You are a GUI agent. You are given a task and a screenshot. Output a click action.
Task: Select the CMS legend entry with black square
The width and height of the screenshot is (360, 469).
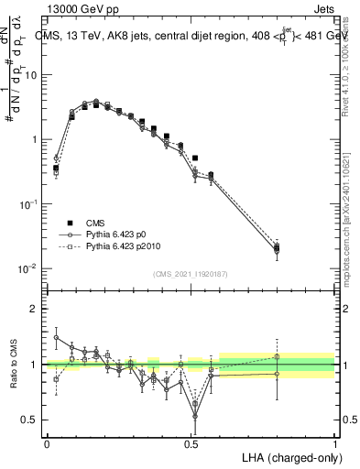pyautogui.click(x=77, y=223)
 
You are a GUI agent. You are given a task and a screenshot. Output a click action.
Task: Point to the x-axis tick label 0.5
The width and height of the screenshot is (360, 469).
pyautogui.click(x=191, y=442)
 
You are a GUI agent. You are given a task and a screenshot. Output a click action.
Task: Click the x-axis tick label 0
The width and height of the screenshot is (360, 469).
pyautogui.click(x=47, y=442)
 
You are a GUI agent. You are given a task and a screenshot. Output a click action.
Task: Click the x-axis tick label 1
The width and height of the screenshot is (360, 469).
pyautogui.click(x=334, y=442)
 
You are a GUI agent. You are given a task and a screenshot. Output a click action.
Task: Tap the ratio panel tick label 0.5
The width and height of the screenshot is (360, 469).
pyautogui.click(x=28, y=420)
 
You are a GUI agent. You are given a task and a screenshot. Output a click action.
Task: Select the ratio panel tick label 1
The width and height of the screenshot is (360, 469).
pyautogui.click(x=33, y=365)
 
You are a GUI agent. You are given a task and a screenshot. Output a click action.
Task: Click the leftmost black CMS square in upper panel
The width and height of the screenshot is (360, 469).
pyautogui.click(x=56, y=169)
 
